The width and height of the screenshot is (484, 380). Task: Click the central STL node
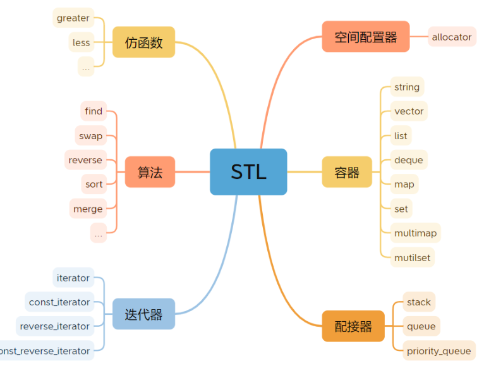pyautogui.click(x=248, y=172)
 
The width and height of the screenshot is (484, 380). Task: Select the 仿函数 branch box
pyautogui.click(x=143, y=42)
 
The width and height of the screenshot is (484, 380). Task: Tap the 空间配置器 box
pyautogui.click(x=366, y=37)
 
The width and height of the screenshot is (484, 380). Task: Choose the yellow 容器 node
pyautogui.click(x=347, y=172)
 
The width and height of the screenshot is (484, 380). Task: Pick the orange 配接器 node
pyautogui.click(x=353, y=326)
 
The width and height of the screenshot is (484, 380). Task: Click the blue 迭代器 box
pyautogui.click(x=143, y=314)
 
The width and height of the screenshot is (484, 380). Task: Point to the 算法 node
pyautogui.click(x=150, y=172)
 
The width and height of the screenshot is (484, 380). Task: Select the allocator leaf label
pyautogui.click(x=452, y=37)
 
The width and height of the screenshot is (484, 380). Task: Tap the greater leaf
pyautogui.click(x=73, y=18)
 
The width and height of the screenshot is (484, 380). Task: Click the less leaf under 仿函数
pyautogui.click(x=82, y=42)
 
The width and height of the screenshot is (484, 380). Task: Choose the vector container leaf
pyautogui.click(x=409, y=111)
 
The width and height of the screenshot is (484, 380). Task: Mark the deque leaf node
pyautogui.click(x=408, y=160)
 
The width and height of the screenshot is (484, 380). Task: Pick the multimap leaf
pyautogui.click(x=415, y=233)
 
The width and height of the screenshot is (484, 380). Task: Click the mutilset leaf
pyautogui.click(x=413, y=257)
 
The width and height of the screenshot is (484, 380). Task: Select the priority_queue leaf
pyautogui.click(x=439, y=351)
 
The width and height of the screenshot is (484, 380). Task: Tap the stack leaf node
pyautogui.click(x=419, y=302)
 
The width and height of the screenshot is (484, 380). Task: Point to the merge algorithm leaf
pyautogui.click(x=88, y=209)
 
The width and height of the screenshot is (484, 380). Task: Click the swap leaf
pyautogui.click(x=91, y=136)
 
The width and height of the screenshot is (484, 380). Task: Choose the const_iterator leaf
pyautogui.click(x=59, y=302)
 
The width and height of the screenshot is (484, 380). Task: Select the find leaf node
pyautogui.click(x=94, y=111)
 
